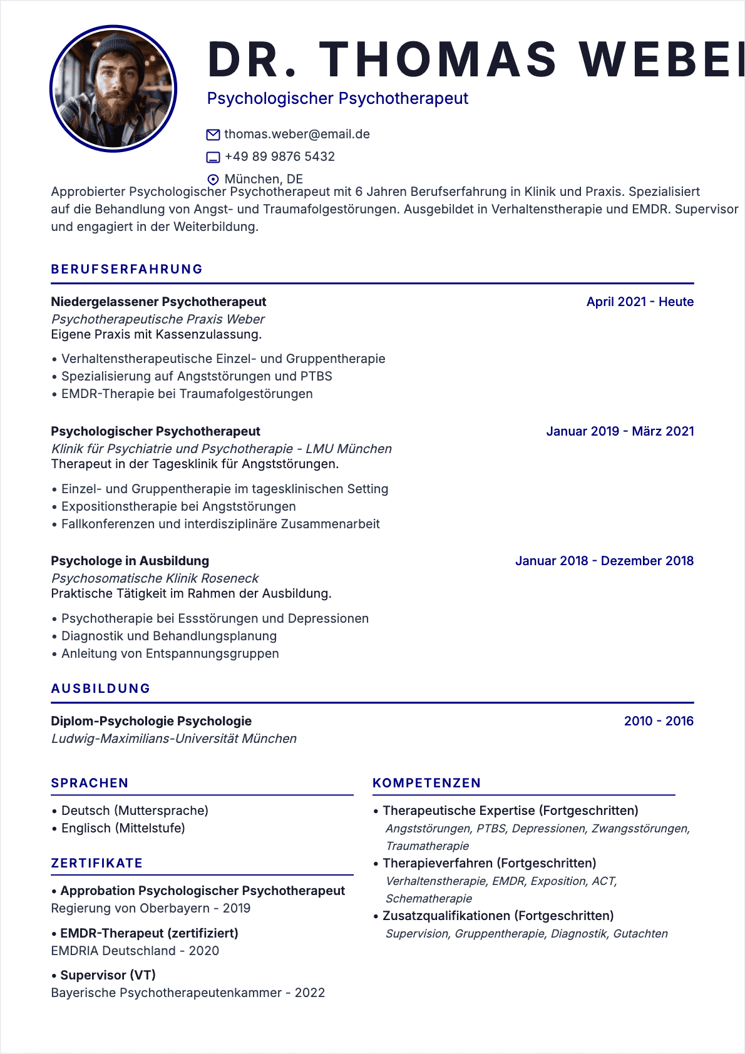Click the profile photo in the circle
pos(113,89)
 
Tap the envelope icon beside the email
pos(213,135)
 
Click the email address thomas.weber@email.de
pos(297,134)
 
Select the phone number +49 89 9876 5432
pos(279,156)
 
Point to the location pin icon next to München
pos(213,180)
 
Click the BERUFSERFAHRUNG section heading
pos(127,269)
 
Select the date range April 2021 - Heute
pos(640,302)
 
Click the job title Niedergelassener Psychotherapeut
pos(158,302)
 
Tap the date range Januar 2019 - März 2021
pos(620,431)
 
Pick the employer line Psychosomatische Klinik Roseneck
pos(155,578)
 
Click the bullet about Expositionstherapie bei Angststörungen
pos(178,506)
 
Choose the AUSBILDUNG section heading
pos(101,688)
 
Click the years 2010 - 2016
pos(659,721)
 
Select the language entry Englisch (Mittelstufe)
pos(123,828)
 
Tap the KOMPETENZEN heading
pos(426,783)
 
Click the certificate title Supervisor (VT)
pos(108,975)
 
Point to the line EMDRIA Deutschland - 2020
pos(135,951)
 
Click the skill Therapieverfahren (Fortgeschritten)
pos(489,863)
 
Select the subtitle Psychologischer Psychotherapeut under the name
pos(337,98)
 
